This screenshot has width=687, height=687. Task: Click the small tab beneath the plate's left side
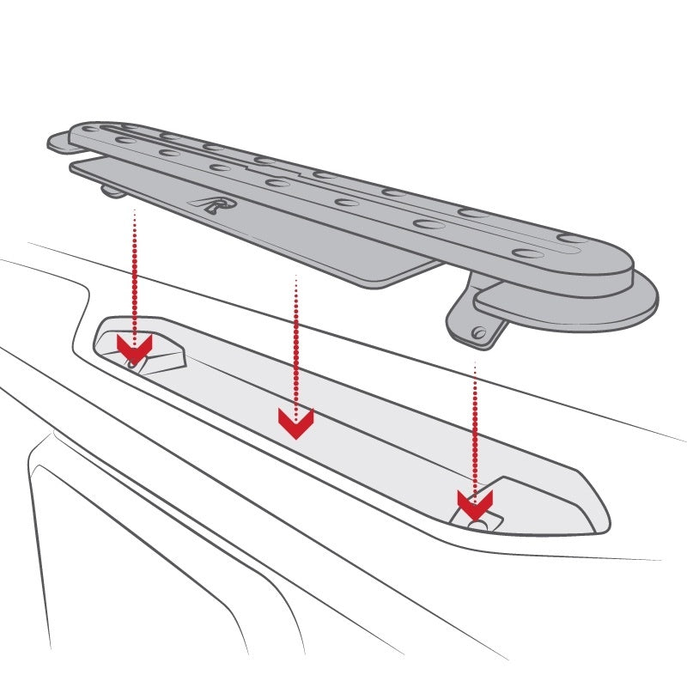(x=112, y=189)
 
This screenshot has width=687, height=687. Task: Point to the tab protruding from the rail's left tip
(x=58, y=142)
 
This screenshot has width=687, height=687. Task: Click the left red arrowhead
(x=134, y=349)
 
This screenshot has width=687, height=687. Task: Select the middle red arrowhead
(x=295, y=422)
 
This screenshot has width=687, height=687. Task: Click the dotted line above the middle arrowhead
(x=295, y=343)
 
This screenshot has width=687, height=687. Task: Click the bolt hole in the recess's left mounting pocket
(x=131, y=363)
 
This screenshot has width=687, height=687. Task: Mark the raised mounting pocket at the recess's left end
(x=155, y=348)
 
